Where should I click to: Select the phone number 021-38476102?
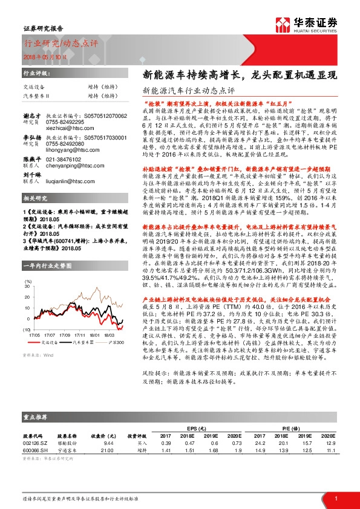click(x=66, y=169)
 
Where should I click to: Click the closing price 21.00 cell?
click(x=106, y=450)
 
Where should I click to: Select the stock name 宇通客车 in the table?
click(x=68, y=450)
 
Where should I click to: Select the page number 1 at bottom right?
click(x=336, y=498)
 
